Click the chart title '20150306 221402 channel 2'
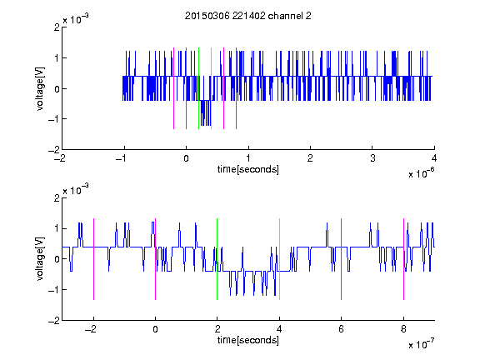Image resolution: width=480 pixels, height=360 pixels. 248,16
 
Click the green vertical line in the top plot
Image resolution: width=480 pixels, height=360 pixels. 198,88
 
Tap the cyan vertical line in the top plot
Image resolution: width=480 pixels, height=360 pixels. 211,88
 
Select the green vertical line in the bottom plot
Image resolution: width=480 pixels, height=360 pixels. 217,259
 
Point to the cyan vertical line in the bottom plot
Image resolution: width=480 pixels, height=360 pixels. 279,259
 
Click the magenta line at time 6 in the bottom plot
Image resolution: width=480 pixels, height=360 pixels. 342,259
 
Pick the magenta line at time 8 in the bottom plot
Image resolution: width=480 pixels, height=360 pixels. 404,259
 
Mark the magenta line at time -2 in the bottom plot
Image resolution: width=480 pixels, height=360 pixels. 93,259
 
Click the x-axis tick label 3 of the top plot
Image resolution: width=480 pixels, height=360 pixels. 372,158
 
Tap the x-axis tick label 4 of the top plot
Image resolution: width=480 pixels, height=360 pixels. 434,158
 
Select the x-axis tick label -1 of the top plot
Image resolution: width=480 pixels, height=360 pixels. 122,158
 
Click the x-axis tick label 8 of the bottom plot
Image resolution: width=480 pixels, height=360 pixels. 403,329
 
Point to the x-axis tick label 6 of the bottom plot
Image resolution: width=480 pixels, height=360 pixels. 342,329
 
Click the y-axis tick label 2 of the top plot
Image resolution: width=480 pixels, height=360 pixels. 57,27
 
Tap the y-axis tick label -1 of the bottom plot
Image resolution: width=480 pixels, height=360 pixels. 54,290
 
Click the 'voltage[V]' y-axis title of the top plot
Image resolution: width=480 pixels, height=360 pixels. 40,89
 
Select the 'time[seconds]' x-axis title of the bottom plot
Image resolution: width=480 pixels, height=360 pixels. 248,340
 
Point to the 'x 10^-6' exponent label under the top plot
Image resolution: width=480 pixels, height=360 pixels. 421,173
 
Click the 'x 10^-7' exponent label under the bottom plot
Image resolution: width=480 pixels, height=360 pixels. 421,344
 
